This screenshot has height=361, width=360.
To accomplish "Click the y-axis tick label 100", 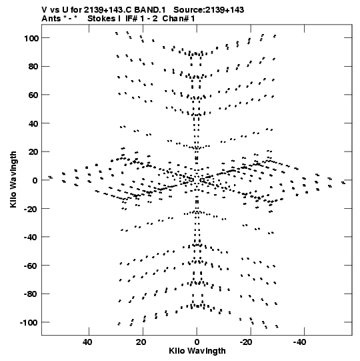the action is pyautogui.click(x=31, y=38).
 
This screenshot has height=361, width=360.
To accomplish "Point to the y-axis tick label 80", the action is pyautogui.click(x=33, y=67).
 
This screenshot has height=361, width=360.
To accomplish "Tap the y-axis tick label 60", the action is pyautogui.click(x=33, y=95).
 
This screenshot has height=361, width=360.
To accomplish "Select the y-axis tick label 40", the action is pyautogui.click(x=33, y=123).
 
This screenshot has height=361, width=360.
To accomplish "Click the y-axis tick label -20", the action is pyautogui.click(x=31, y=209).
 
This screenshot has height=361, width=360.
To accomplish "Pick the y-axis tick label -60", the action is pyautogui.click(x=31, y=266).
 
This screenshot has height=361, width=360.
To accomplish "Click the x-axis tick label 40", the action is pyautogui.click(x=87, y=342).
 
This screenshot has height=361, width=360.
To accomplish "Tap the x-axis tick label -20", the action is pyautogui.click(x=246, y=342).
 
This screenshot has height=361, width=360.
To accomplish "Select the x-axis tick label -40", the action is pyautogui.click(x=300, y=342).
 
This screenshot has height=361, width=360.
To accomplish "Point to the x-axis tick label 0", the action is pyautogui.click(x=197, y=342).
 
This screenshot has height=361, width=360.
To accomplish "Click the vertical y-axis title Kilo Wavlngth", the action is pyautogui.click(x=13, y=179).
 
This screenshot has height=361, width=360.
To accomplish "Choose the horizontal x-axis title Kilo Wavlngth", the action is pyautogui.click(x=197, y=351).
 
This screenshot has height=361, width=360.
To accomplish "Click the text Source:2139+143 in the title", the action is pyautogui.click(x=209, y=10).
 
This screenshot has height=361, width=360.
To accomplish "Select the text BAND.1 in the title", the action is pyautogui.click(x=149, y=10).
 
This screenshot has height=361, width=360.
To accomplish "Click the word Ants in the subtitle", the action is pyautogui.click(x=51, y=19).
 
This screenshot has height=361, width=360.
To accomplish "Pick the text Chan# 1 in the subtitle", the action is pyautogui.click(x=179, y=19).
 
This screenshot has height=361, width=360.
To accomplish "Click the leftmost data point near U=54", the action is pyautogui.click(x=51, y=177).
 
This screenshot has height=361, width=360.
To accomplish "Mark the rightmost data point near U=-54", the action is pyautogui.click(x=343, y=183).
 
